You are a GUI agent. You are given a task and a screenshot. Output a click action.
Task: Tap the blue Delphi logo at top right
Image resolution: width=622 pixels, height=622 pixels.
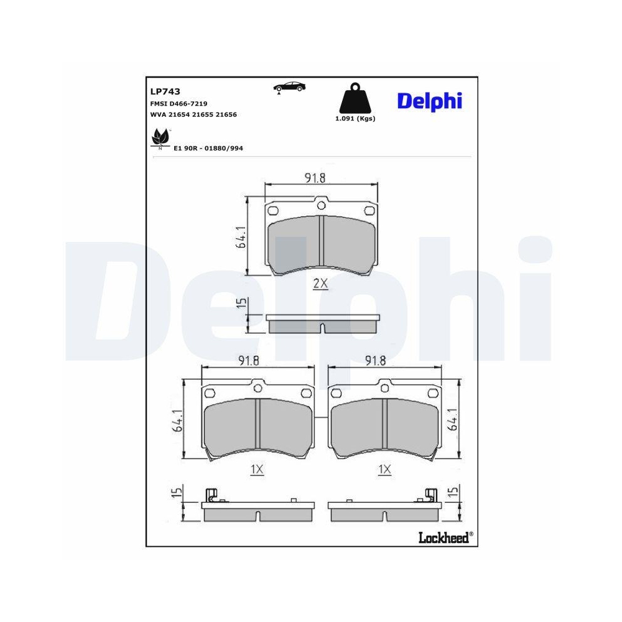tap(429, 100)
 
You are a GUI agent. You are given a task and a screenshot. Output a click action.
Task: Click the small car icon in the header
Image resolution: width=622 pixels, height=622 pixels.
tap(289, 87)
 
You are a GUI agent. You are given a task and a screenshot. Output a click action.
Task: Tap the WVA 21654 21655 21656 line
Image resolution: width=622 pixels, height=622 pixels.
tap(193, 114)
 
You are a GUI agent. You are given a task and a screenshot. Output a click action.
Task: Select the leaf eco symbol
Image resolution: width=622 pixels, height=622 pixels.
tap(160, 139)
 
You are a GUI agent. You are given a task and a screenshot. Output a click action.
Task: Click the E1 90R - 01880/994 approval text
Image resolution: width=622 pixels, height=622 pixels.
tap(208, 149)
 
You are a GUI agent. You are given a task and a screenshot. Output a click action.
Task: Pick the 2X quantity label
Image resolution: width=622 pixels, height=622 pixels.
tap(320, 284)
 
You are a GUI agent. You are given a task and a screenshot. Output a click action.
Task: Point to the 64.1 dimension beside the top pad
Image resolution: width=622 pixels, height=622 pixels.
tap(240, 237)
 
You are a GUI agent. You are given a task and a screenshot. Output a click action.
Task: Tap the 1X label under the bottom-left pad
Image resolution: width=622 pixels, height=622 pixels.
tap(257, 470)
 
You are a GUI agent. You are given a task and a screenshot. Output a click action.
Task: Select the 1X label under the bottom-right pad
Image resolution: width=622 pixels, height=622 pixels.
tap(384, 470)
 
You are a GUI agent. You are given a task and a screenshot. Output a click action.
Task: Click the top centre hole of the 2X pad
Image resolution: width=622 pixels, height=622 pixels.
tap(321, 205)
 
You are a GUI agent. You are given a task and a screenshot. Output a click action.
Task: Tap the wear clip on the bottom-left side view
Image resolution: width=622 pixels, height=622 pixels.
tap(212, 494)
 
